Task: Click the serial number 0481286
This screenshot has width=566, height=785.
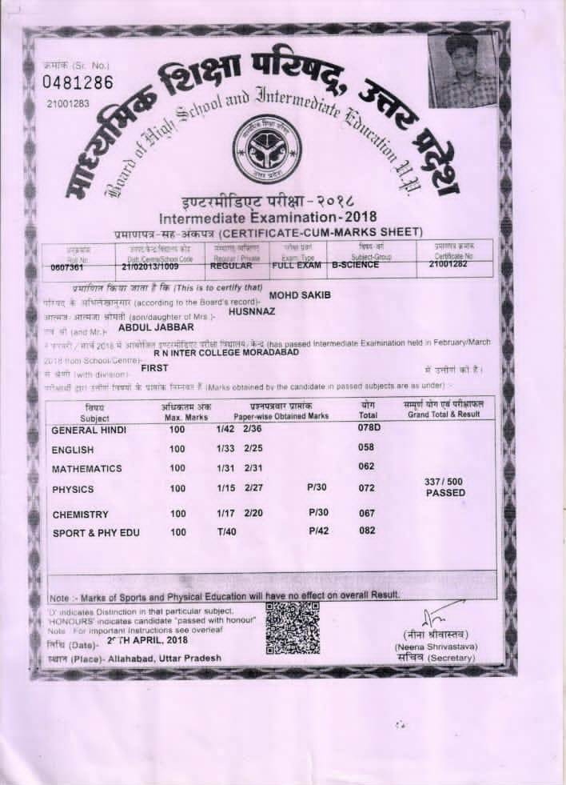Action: [78, 83]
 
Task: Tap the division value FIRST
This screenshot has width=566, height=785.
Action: [154, 368]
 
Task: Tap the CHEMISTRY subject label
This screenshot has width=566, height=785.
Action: [80, 514]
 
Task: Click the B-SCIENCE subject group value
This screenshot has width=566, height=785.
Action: [355, 264]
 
